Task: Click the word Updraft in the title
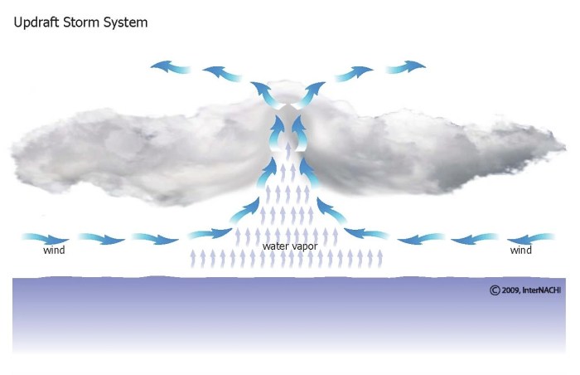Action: [x=36, y=23]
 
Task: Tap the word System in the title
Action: [x=125, y=23]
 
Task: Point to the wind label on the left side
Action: [x=54, y=250]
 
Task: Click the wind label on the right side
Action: [x=521, y=250]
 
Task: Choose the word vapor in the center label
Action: [x=304, y=246]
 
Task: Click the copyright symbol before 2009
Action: [x=495, y=290]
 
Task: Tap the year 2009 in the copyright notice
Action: [x=510, y=290]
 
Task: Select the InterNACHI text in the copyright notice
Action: [x=542, y=290]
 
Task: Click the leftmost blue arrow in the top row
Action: [x=170, y=66]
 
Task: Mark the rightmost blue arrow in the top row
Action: [x=406, y=66]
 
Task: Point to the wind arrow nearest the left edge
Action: [x=46, y=239]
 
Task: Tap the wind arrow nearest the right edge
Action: [x=530, y=239]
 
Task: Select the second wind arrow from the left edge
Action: [x=102, y=239]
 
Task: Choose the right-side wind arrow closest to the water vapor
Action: [x=366, y=233]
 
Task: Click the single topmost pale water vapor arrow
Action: [x=288, y=150]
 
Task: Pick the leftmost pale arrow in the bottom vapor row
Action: [x=193, y=259]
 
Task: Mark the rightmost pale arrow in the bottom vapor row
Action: [x=379, y=259]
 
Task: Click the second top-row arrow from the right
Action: [x=354, y=74]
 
